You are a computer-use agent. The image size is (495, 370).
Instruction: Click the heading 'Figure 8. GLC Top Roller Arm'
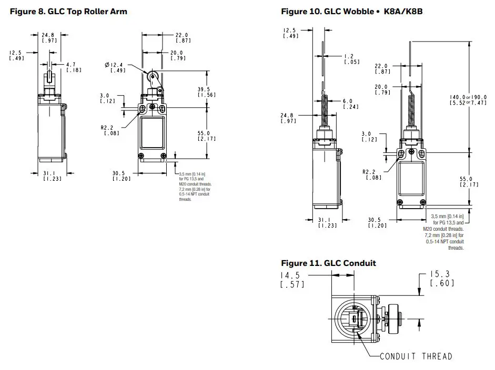(68, 12)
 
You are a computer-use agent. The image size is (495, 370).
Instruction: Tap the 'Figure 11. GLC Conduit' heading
(328, 263)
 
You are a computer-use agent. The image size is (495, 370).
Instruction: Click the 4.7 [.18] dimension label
(73, 67)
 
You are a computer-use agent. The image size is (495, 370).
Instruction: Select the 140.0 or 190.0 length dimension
(471, 100)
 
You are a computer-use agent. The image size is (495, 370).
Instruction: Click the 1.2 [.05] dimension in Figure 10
(351, 59)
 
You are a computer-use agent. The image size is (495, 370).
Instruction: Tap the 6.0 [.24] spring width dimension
(351, 104)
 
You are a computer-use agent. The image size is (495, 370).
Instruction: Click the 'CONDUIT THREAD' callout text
(416, 357)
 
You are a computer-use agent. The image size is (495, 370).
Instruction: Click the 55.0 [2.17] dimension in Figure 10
(467, 181)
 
